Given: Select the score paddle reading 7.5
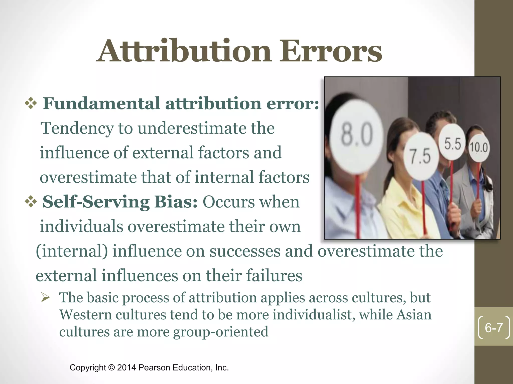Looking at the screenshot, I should [x=421, y=156].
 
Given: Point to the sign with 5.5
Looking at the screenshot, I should [x=452, y=144].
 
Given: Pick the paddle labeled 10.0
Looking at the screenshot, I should [x=478, y=147].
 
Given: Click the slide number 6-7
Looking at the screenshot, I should [x=494, y=327].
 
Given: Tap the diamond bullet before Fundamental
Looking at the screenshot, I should [x=31, y=103].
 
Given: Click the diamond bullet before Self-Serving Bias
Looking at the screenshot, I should [x=31, y=202].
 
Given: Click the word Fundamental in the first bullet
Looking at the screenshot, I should [x=101, y=103].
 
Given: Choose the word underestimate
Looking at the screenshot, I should [x=192, y=128].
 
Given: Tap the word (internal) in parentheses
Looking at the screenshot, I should [x=72, y=251].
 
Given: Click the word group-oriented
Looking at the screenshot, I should [x=221, y=332].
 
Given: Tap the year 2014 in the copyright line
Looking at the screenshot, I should [x=126, y=367].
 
